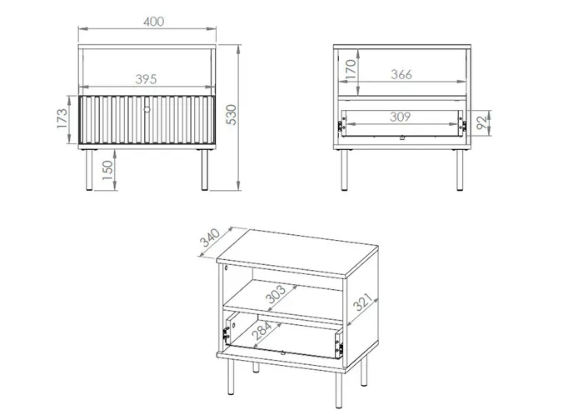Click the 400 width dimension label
[154, 22]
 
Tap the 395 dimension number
[146, 79]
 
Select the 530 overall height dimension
[232, 115]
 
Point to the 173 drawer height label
[62, 118]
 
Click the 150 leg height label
[107, 170]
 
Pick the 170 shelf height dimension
[350, 69]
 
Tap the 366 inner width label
[401, 74]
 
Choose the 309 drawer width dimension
[400, 117]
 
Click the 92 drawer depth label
[482, 122]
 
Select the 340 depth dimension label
[210, 237]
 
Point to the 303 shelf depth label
[276, 294]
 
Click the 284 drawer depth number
[262, 330]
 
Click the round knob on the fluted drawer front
[147, 109]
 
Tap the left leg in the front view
[89, 170]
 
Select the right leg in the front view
[205, 170]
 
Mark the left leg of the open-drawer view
[344, 170]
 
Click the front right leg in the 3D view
[339, 390]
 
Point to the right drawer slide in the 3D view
[339, 343]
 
